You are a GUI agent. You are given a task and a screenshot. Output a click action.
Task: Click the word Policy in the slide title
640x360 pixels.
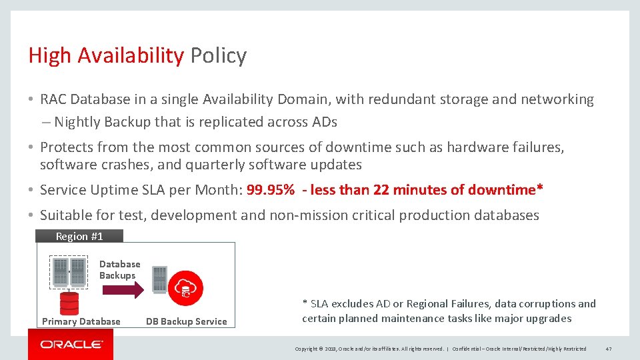pyautogui.click(x=218, y=55)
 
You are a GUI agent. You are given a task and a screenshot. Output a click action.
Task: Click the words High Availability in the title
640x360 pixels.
pyautogui.click(x=105, y=55)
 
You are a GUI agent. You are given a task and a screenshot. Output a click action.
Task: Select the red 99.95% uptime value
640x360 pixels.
pyautogui.click(x=271, y=190)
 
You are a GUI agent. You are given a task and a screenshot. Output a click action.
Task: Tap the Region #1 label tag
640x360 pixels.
pyautogui.click(x=79, y=236)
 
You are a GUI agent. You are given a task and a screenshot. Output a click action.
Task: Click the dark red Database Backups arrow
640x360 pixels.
pyautogui.click(x=121, y=289)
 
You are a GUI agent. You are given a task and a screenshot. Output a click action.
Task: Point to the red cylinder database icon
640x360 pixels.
pyautogui.click(x=69, y=303)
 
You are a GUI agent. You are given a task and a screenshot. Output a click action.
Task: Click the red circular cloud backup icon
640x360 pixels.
pyautogui.click(x=187, y=288)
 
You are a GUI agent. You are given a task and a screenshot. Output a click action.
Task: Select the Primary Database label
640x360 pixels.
pyautogui.click(x=81, y=321)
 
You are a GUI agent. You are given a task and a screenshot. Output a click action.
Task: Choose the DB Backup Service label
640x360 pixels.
pyautogui.click(x=187, y=321)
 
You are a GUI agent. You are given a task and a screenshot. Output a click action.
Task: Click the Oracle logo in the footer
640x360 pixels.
pyautogui.click(x=71, y=345)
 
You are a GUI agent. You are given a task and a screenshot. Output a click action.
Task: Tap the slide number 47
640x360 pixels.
pyautogui.click(x=609, y=349)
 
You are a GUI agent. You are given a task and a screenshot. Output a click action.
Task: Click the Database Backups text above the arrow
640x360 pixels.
pyautogui.click(x=119, y=270)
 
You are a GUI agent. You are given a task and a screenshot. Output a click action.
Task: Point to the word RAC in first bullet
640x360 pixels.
pyautogui.click(x=53, y=99)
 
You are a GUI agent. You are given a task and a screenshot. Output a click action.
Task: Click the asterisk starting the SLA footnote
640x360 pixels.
pyautogui.click(x=305, y=304)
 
